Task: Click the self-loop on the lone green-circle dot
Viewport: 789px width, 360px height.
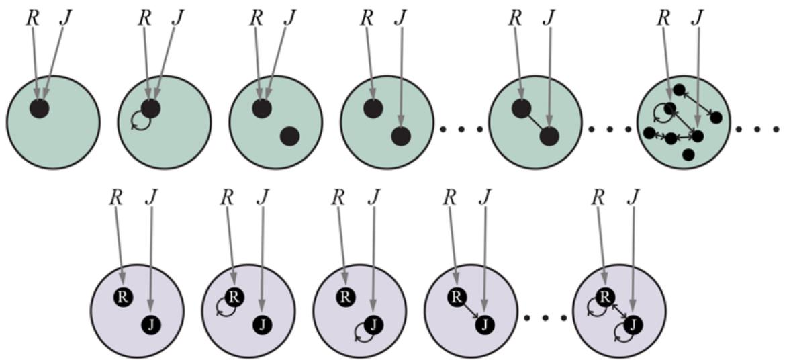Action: (x=140, y=120)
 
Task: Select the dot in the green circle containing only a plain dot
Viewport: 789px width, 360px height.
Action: (x=39, y=107)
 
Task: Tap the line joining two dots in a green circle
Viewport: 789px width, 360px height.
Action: (x=535, y=122)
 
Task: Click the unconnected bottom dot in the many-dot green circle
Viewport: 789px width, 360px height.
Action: (x=688, y=155)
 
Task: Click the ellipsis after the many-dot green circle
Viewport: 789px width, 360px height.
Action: (x=757, y=128)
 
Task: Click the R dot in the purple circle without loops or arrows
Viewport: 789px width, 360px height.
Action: (x=122, y=296)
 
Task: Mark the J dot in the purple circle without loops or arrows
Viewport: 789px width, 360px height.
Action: (x=151, y=324)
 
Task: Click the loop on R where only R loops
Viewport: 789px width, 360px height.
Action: (x=224, y=307)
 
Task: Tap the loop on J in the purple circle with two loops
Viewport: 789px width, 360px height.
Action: (x=622, y=335)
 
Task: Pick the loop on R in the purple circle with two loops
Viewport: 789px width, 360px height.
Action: (x=596, y=307)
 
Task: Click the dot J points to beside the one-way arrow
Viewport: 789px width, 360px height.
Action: (x=483, y=324)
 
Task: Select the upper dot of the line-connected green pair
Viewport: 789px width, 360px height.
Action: (x=520, y=107)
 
